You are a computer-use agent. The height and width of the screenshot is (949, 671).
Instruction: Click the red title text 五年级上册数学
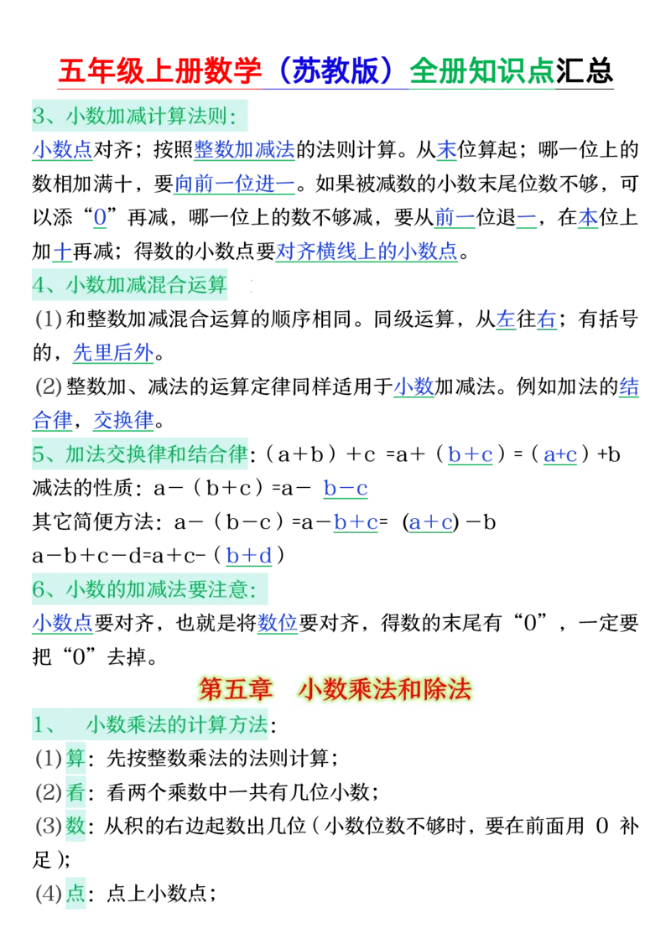pos(158,73)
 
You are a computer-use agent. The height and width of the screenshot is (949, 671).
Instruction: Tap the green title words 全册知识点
pos(482,74)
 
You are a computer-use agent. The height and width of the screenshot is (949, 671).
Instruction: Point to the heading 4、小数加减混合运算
pos(129,285)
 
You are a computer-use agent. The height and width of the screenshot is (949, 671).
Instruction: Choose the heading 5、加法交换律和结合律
pos(140,454)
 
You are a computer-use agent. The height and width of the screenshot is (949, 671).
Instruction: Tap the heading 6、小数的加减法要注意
pos(143,589)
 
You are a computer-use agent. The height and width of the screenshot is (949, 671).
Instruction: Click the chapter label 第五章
pos(236,689)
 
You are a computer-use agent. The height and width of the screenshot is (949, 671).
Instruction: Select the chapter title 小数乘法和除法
pos(385,689)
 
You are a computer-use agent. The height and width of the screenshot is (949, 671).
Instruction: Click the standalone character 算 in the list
pos(75,759)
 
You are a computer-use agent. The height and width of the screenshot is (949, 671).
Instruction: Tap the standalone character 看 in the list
pos(75,792)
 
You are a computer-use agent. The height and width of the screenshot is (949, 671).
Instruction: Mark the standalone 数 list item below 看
pos(75,826)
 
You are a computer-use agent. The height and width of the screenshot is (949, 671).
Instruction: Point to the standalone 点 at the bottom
pos(75,893)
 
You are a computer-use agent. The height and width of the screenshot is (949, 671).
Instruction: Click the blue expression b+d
pos(248,555)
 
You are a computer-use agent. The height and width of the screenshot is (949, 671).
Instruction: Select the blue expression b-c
pos(346,488)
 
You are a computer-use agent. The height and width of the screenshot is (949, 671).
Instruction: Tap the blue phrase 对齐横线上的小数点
pos(366,251)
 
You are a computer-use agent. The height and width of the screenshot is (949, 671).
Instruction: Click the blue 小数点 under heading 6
pos(61,623)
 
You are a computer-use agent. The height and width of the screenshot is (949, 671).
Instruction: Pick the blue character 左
pos(506,319)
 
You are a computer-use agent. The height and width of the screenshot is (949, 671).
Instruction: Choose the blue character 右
pos(547,319)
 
